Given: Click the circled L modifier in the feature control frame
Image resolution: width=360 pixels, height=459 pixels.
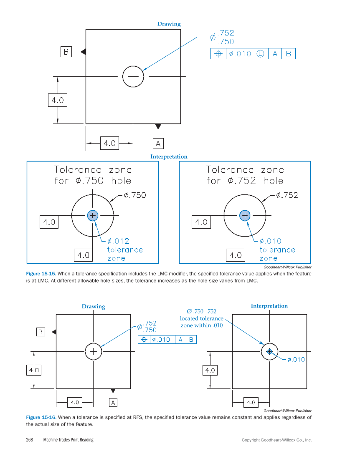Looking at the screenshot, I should [x=260, y=54].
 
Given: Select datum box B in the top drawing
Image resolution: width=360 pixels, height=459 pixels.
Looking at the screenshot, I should [x=66, y=52].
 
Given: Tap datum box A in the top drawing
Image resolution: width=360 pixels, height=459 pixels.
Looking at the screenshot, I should [x=158, y=144].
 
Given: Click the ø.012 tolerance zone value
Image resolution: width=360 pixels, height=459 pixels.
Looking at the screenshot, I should [x=118, y=241].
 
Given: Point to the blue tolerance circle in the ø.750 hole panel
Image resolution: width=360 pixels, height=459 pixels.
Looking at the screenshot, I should [x=92, y=215].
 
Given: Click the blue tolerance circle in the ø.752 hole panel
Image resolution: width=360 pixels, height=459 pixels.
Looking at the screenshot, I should [x=244, y=215].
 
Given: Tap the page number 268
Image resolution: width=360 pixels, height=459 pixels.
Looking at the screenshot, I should [x=30, y=440].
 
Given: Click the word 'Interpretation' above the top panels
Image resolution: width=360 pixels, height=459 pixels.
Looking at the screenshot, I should [x=169, y=156].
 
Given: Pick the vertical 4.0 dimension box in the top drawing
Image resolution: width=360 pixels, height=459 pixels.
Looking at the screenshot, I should [x=58, y=100].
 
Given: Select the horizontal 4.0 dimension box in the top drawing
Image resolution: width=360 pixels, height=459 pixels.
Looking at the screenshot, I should [x=109, y=143].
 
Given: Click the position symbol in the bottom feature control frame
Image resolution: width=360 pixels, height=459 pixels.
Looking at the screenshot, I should [x=144, y=339].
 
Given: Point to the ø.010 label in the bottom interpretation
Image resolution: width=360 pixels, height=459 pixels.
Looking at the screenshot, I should [x=296, y=359].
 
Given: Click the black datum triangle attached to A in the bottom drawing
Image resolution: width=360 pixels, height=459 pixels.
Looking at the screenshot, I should [x=113, y=391].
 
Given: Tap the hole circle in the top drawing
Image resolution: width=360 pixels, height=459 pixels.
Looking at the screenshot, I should [x=133, y=76].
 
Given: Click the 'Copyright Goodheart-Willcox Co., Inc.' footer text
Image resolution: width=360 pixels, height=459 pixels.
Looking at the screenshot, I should [x=276, y=440].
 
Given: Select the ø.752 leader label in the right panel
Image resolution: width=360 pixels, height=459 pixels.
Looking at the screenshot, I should [x=287, y=195].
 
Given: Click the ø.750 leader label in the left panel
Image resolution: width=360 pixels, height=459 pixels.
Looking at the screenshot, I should [x=135, y=195].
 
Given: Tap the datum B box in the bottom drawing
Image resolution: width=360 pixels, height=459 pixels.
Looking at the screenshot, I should [x=41, y=332].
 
